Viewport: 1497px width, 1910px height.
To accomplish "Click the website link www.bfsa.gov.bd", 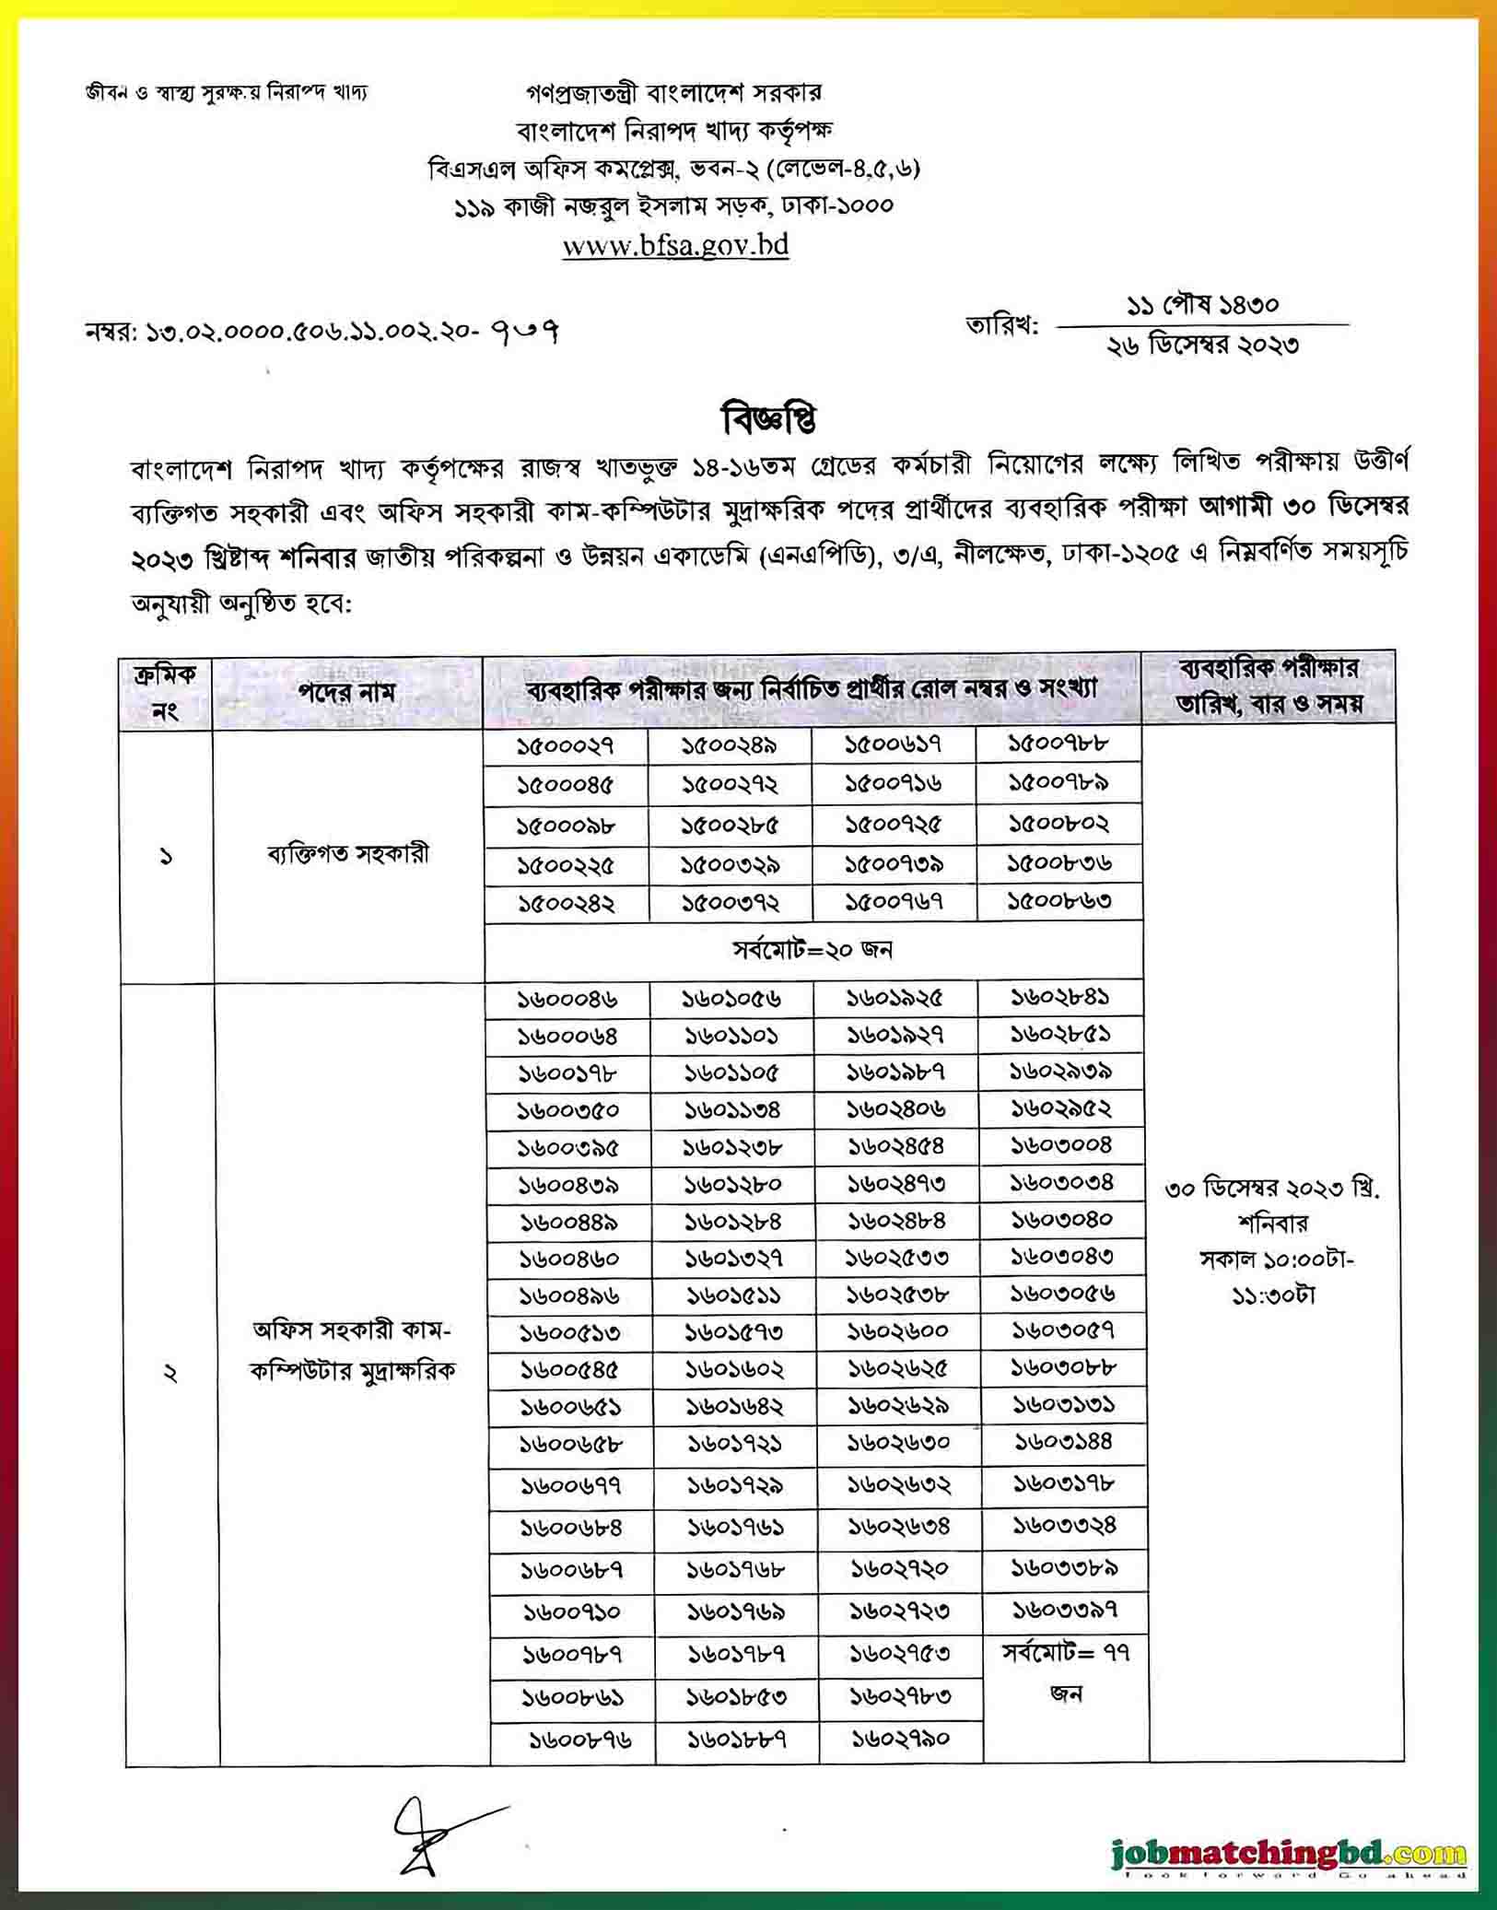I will click(675, 245).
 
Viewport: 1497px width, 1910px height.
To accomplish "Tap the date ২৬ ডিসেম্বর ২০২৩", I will click(1202, 345).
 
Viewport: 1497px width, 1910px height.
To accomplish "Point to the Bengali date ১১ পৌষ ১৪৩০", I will click(1202, 304).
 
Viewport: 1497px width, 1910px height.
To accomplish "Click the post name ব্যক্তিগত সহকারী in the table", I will click(347, 854).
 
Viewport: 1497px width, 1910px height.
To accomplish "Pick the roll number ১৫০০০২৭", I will click(565, 744).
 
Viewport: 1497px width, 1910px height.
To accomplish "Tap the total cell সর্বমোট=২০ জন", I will click(813, 949).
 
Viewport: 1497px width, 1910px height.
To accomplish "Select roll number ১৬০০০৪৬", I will click(567, 999).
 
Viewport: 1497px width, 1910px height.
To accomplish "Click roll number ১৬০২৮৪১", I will click(1060, 997).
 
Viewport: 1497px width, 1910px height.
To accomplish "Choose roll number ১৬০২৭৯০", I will click(900, 1739).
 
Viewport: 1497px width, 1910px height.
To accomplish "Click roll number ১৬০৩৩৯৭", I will click(1065, 1610).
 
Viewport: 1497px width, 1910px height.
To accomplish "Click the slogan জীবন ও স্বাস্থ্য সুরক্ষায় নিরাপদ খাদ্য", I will click(226, 94).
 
